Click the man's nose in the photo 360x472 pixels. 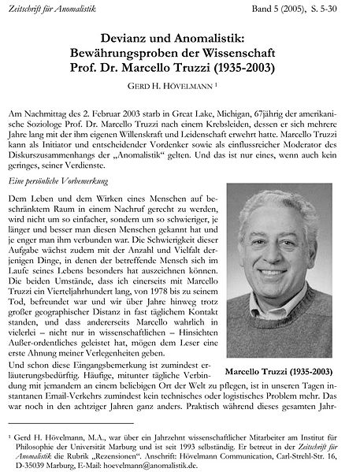pyautogui.click(x=277, y=266)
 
